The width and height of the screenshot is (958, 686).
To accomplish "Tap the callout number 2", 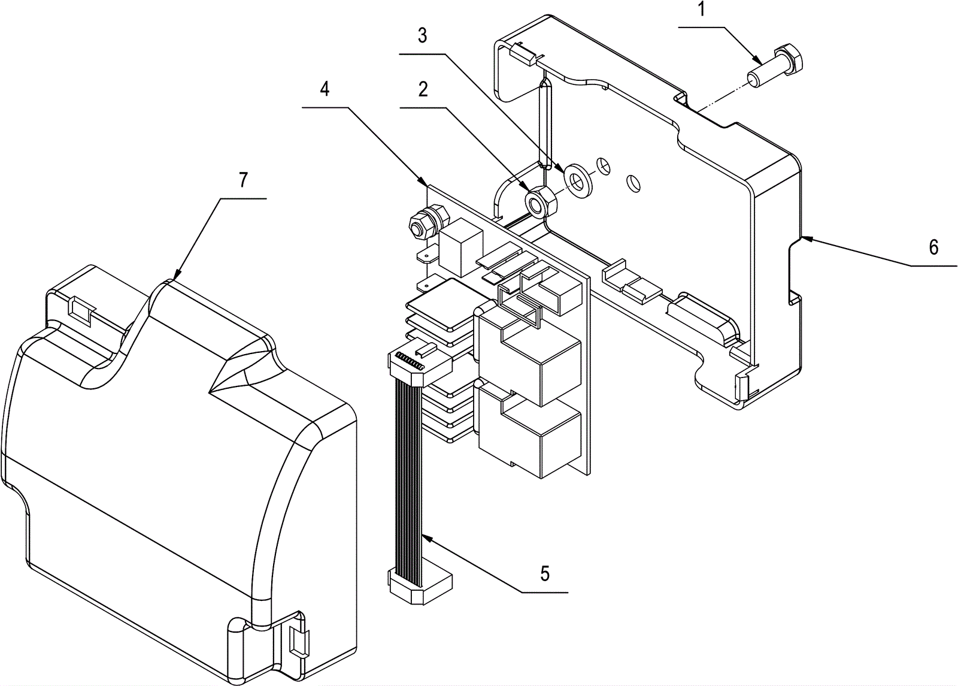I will [x=423, y=90].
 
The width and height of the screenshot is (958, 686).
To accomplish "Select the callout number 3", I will [x=422, y=36].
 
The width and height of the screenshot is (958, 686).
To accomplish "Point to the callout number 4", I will [x=324, y=89].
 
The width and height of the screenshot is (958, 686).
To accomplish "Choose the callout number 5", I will [x=544, y=573].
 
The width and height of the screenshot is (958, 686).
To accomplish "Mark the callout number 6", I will [x=933, y=247].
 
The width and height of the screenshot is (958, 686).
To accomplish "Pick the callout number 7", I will [x=242, y=180].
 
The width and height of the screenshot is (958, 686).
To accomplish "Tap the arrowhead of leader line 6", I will [x=804, y=238].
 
